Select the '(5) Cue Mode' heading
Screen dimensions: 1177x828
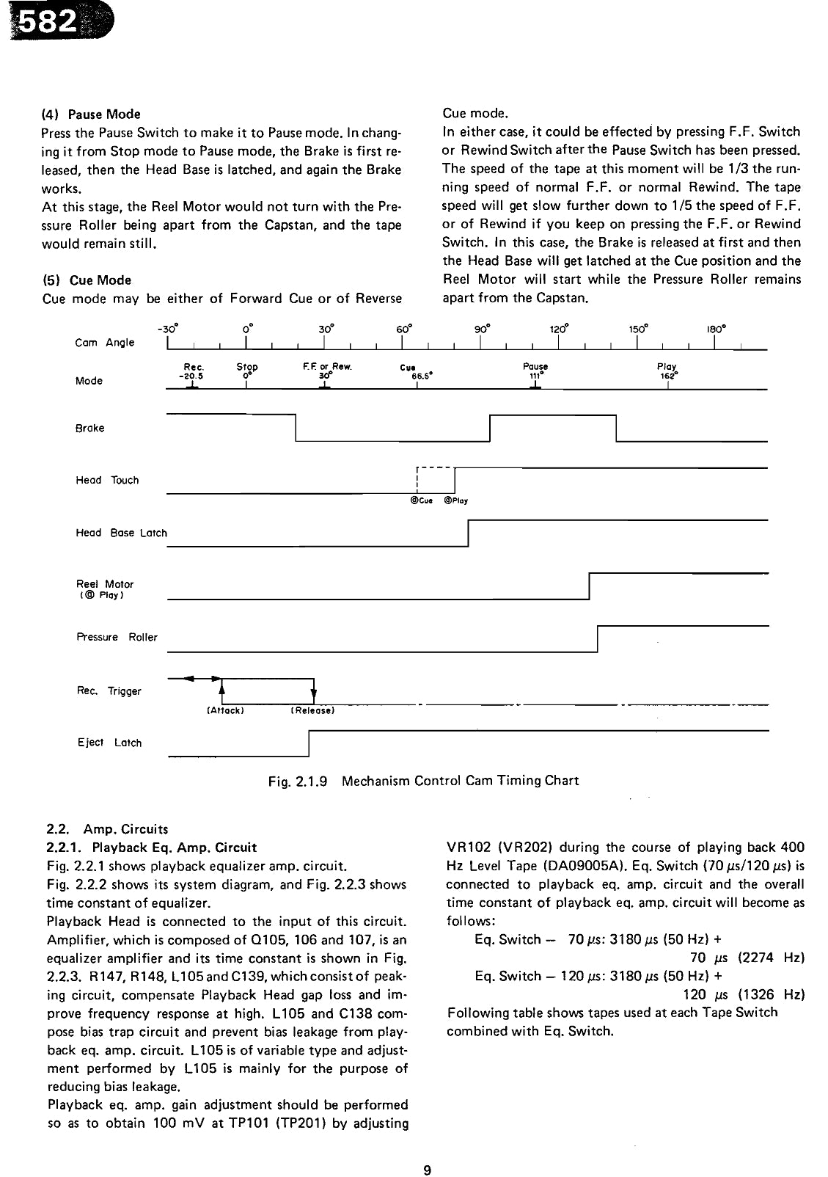tap(87, 280)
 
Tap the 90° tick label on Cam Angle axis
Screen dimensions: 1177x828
tap(481, 329)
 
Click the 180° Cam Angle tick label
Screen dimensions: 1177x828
tap(717, 329)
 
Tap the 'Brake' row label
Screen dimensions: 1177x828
tap(89, 428)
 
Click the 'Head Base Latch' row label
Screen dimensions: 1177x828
tap(121, 533)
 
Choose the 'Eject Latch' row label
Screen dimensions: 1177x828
tap(109, 743)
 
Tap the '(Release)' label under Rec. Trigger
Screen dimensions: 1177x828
tap(313, 710)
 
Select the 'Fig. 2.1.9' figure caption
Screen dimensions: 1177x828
tap(423, 780)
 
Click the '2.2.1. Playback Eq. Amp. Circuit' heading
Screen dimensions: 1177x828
tap(152, 848)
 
